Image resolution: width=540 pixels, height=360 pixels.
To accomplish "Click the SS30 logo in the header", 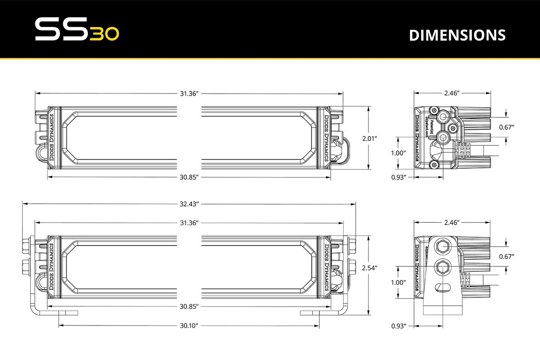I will point(77,30).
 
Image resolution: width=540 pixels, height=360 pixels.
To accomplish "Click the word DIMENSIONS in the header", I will point(457,35).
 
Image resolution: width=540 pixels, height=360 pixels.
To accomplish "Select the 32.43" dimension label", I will point(189,204).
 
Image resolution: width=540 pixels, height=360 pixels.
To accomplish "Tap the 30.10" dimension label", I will point(189,326).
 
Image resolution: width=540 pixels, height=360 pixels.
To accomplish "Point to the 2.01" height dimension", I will point(369,139).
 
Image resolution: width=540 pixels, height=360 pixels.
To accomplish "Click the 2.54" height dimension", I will point(369,268).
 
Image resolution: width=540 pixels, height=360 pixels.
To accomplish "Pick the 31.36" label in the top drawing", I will point(189,93).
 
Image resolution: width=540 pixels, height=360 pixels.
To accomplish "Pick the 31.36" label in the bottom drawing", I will point(189,223).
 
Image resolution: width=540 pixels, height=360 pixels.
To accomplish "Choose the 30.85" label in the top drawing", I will point(189,177).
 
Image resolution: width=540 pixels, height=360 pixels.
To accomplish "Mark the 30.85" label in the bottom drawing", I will point(189,307).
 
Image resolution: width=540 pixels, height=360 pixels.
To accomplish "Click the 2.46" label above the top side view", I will point(451,93).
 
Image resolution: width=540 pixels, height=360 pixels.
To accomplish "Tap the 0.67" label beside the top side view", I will point(507,127).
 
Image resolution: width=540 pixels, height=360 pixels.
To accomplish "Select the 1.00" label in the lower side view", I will point(398,282).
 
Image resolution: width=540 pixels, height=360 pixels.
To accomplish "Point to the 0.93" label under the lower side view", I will point(398,326).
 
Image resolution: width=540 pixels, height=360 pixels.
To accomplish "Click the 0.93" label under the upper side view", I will point(398,177).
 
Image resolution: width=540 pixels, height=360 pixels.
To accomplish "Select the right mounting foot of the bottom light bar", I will point(310,313).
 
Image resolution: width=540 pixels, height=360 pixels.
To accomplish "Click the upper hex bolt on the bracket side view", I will point(444,246).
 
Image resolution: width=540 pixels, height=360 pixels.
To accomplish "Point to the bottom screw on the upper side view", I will point(434,164).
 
